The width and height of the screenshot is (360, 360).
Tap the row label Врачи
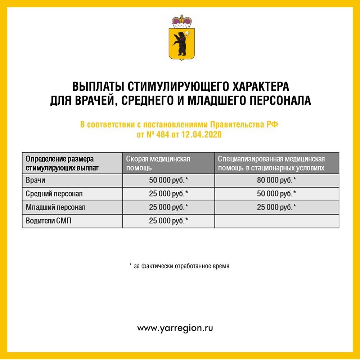pos(35,180)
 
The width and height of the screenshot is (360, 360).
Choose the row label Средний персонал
pos(54,194)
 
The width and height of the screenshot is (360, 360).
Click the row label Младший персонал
pos(55,208)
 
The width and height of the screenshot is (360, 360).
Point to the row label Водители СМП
pos(49,221)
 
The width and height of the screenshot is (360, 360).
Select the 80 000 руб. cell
pos(276,180)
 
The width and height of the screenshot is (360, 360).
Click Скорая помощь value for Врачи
pos(168,180)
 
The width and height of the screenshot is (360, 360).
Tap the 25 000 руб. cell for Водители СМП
pos(168,221)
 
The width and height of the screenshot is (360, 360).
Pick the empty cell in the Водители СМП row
pos(276,221)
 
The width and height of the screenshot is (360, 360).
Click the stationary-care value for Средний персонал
pos(276,194)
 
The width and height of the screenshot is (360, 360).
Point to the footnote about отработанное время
pos(179,266)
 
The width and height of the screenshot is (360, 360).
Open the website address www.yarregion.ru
pos(175,328)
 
